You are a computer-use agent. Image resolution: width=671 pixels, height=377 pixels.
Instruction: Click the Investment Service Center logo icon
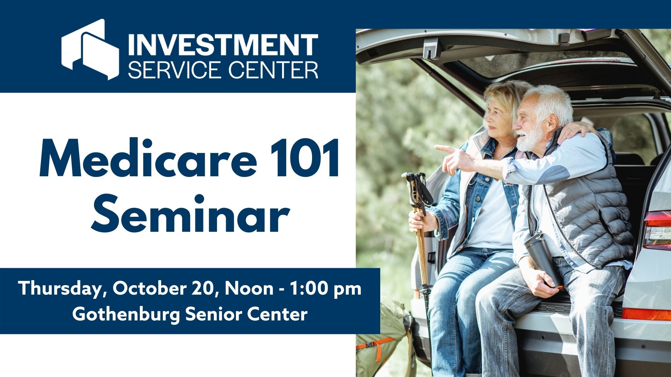90,50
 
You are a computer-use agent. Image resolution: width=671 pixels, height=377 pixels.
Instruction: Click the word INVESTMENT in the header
223,45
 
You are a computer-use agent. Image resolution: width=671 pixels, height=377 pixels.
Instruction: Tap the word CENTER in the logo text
273,70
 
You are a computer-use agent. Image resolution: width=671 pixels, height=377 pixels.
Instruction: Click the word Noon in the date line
249,289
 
